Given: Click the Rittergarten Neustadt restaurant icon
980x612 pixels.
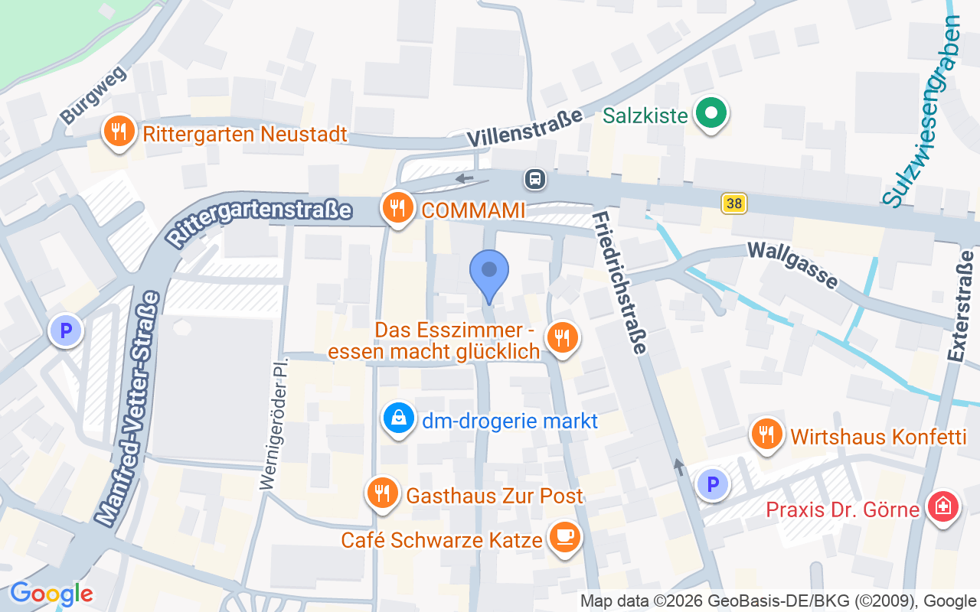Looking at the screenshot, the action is (x=119, y=132).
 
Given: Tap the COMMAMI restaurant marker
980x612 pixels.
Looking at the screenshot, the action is (x=397, y=208).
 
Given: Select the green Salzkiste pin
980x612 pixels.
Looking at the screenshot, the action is (x=711, y=115).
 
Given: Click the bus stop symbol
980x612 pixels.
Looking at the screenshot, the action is (x=534, y=180).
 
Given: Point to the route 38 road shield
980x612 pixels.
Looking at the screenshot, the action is (x=733, y=203).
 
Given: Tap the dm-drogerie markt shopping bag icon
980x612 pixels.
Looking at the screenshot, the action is (x=399, y=418).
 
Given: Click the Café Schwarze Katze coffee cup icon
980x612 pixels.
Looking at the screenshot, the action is (x=565, y=539).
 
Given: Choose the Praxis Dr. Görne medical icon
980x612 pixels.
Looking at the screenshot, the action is (x=942, y=506).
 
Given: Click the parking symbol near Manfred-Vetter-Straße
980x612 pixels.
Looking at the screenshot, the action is (x=65, y=331).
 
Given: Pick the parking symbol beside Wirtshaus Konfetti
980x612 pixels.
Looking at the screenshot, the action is (x=713, y=484).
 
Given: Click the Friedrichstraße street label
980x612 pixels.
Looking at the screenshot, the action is (x=619, y=283).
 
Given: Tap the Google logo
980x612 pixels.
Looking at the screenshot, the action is (x=51, y=594).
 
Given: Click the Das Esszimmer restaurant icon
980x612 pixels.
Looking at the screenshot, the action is (x=563, y=338).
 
